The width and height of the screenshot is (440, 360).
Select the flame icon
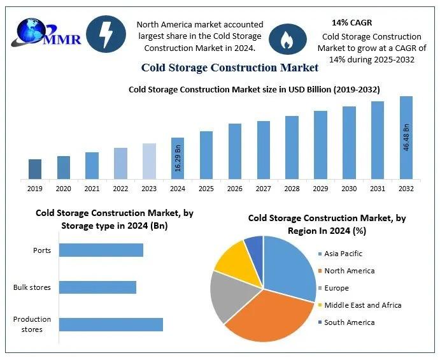(283, 40)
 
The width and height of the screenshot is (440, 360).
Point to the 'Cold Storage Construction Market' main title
(230, 68)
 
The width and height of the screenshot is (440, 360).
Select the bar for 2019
(35, 169)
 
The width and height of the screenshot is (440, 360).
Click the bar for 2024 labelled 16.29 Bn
(178, 158)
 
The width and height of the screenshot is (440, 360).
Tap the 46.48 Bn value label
(406, 137)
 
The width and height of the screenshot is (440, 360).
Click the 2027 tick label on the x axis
(263, 189)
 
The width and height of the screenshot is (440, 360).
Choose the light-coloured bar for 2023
(149, 161)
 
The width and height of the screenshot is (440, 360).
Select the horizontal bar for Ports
(101, 250)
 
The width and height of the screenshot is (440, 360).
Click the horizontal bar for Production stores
(111, 324)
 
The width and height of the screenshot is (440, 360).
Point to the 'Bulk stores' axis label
(32, 287)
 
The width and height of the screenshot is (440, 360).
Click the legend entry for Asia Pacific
(343, 254)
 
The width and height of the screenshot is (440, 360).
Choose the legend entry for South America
(349, 322)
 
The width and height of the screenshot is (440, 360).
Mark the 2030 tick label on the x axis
(349, 189)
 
